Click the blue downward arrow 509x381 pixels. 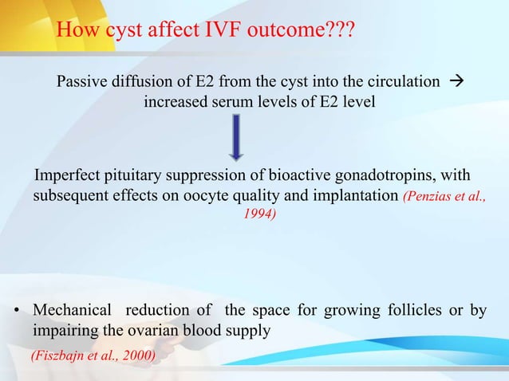click(236, 138)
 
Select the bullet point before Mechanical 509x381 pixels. click(16, 310)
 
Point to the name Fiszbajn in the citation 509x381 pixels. click(61, 355)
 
